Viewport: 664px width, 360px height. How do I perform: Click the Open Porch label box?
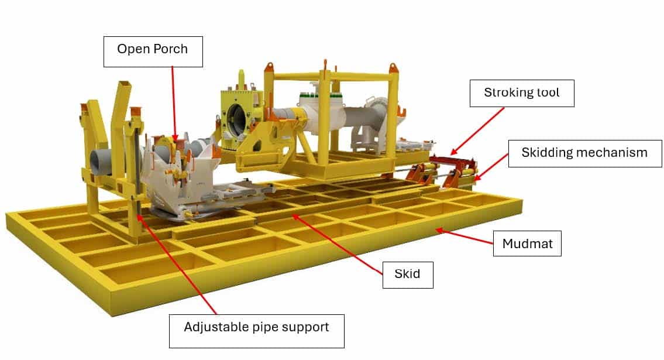153,52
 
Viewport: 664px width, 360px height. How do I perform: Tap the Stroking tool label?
522,93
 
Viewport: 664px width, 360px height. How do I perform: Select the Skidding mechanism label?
585,153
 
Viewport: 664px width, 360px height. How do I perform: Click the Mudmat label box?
527,244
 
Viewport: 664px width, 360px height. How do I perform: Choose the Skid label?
408,275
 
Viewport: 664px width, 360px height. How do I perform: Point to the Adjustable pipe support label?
257,331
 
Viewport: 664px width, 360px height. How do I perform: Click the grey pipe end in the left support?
101,160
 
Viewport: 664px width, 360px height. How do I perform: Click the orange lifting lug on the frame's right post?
393,68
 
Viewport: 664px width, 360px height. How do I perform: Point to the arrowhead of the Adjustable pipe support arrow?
140,218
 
